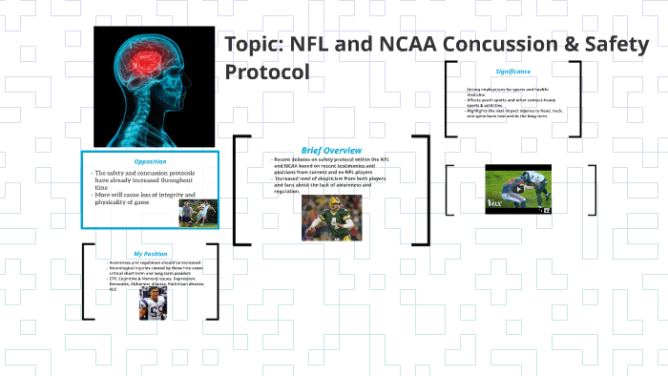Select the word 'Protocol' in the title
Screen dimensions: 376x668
coord(267,73)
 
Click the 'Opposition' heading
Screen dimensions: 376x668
coord(150,161)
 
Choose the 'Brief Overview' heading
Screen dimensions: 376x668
coord(331,150)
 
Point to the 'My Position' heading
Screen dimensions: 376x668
coord(151,254)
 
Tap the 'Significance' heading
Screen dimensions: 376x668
coord(512,73)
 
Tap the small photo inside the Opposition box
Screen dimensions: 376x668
coord(198,211)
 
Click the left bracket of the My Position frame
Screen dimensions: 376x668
coord(87,282)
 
